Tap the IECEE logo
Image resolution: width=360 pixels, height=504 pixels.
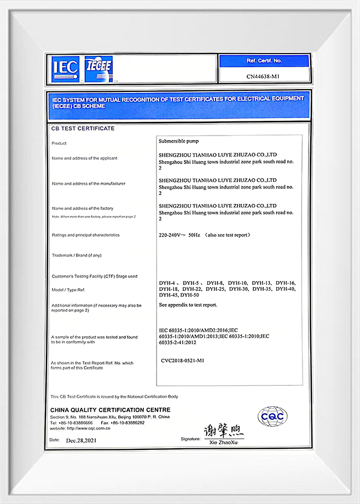click(98, 68)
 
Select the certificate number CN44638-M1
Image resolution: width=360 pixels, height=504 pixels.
click(264, 76)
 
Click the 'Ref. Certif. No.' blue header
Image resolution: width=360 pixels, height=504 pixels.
click(264, 61)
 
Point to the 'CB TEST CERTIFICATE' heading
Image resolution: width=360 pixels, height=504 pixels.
click(83, 128)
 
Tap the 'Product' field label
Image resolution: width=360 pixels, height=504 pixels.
click(59, 143)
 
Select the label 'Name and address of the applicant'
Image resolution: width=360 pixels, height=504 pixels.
click(84, 158)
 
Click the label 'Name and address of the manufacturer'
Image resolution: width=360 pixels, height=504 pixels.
click(88, 184)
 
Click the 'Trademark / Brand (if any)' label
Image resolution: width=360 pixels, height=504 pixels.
click(76, 255)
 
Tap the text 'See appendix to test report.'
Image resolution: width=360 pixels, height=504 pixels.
click(188, 304)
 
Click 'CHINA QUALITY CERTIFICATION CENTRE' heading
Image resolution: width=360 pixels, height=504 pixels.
click(110, 410)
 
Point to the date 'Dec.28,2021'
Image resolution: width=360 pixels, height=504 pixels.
click(82, 440)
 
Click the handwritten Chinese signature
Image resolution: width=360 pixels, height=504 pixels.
click(223, 431)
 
